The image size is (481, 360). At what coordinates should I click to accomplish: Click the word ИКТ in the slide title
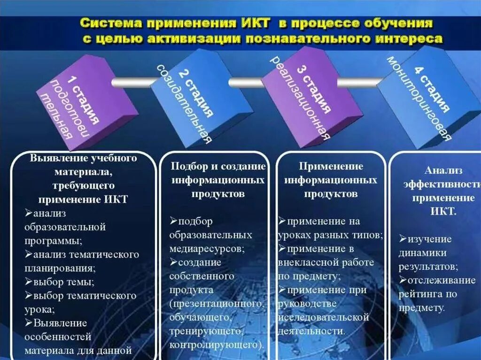[x=255, y=23]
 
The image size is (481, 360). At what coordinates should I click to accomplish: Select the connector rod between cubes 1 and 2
[x=132, y=82]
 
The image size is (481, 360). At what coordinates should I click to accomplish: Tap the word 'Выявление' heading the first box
[x=53, y=158]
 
